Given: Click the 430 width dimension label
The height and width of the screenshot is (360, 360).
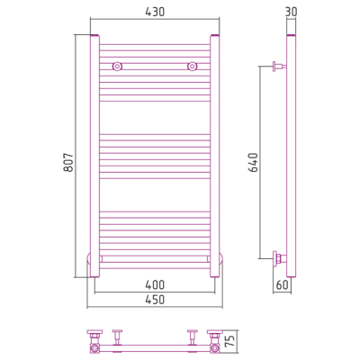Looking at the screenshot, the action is (x=155, y=12).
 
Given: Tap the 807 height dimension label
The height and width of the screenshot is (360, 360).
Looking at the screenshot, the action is (x=68, y=162).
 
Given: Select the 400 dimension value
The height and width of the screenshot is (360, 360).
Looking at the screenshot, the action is (x=155, y=284).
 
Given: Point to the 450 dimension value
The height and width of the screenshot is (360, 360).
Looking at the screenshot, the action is (x=155, y=300).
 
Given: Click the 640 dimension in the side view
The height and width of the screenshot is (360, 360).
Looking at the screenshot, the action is (x=254, y=162).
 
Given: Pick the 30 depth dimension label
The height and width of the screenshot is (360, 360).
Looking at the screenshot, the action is (x=291, y=12).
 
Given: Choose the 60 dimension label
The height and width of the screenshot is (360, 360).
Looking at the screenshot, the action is (x=282, y=284).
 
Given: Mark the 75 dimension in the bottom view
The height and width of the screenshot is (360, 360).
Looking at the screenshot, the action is (x=230, y=340).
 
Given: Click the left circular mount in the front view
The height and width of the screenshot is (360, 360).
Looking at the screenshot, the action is (x=117, y=67).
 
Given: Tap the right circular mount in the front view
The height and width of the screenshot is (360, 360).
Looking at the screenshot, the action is (x=192, y=67).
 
